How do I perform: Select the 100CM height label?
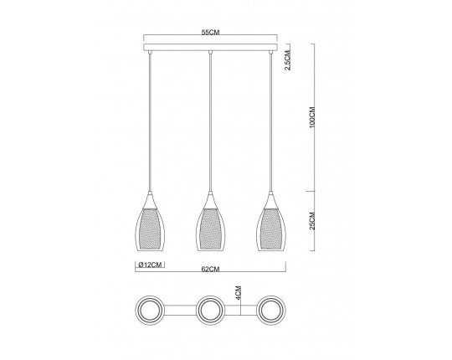click(311, 117)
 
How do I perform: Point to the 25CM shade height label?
click(311, 223)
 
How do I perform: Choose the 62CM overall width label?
click(210, 269)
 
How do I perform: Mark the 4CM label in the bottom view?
click(239, 292)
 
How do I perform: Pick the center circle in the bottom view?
click(210, 311)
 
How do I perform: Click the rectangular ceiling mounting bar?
click(210, 47)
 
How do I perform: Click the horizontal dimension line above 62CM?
click(210, 260)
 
